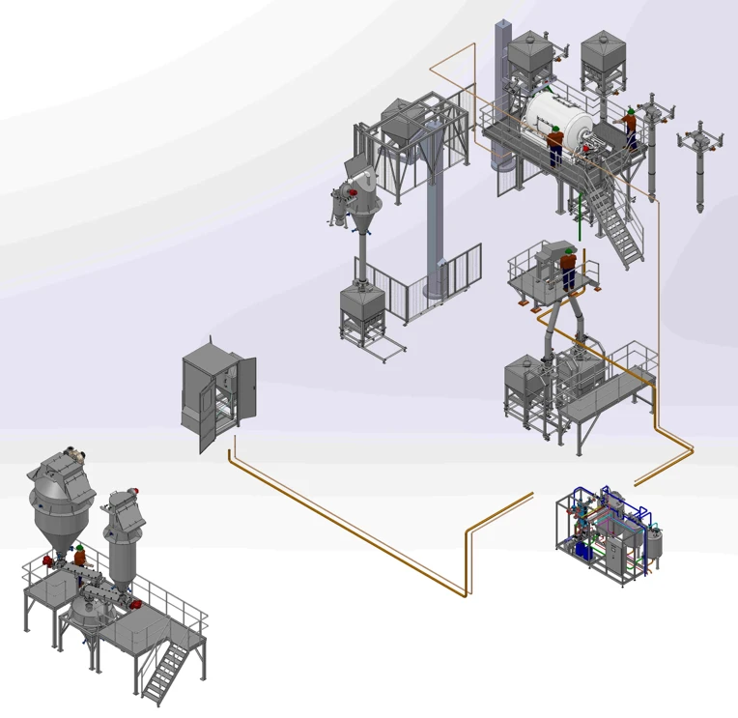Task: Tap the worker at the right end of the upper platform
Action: click(630, 127)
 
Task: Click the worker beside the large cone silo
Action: click(80, 555)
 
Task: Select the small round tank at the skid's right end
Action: click(655, 545)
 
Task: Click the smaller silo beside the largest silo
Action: click(123, 541)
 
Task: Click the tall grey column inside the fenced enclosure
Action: click(435, 232)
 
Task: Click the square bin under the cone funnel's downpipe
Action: click(361, 314)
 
